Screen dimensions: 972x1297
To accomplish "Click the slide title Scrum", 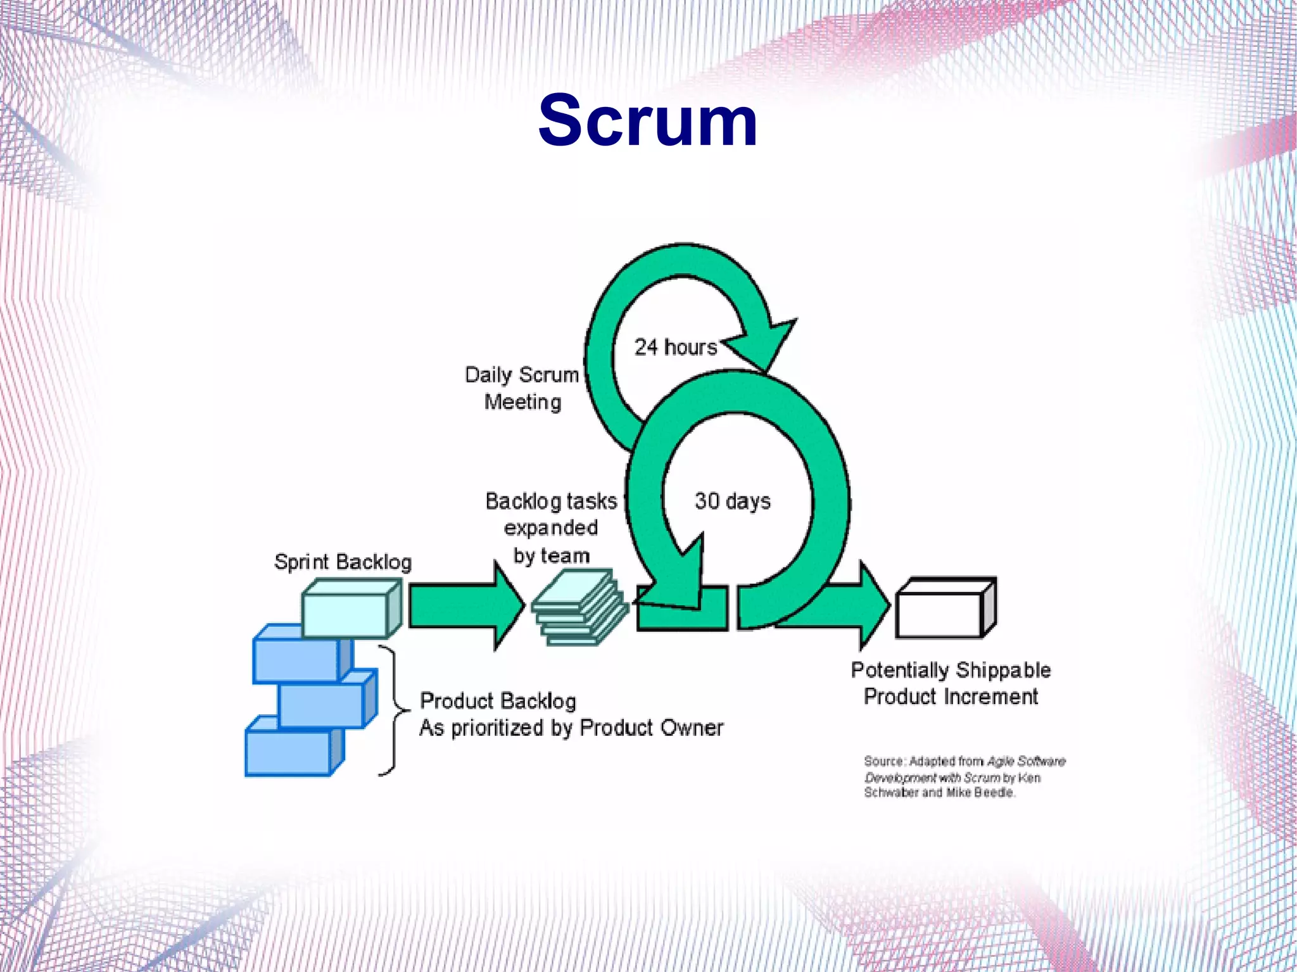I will (x=647, y=120).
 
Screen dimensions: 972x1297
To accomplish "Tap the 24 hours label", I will (x=675, y=347).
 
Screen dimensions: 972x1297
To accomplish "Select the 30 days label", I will (x=732, y=501).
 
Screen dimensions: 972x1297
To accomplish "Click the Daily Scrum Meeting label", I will (x=522, y=388).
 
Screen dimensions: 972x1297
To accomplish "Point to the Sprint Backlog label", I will (x=343, y=562).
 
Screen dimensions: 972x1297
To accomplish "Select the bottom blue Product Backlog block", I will (x=289, y=752).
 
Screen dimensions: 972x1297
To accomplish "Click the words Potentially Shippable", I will (x=950, y=670).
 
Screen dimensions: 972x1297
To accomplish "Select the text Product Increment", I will (x=950, y=697).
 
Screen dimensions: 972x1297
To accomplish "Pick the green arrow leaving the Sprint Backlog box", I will (x=465, y=606).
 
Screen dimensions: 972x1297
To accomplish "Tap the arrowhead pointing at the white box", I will (x=873, y=605).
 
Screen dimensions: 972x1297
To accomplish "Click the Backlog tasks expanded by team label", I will (x=551, y=527).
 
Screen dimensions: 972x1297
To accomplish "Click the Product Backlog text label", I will (x=498, y=701).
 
